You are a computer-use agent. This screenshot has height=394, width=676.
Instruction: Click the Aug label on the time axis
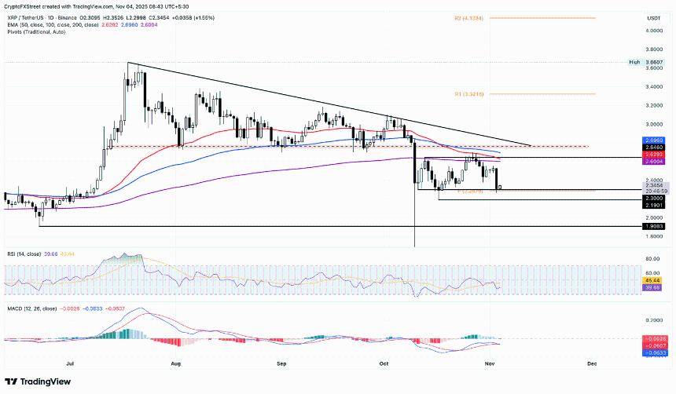[x=175, y=364]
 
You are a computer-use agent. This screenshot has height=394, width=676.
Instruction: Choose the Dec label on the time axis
[x=592, y=364]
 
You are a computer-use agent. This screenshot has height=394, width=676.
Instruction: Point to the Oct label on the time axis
[x=384, y=364]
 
